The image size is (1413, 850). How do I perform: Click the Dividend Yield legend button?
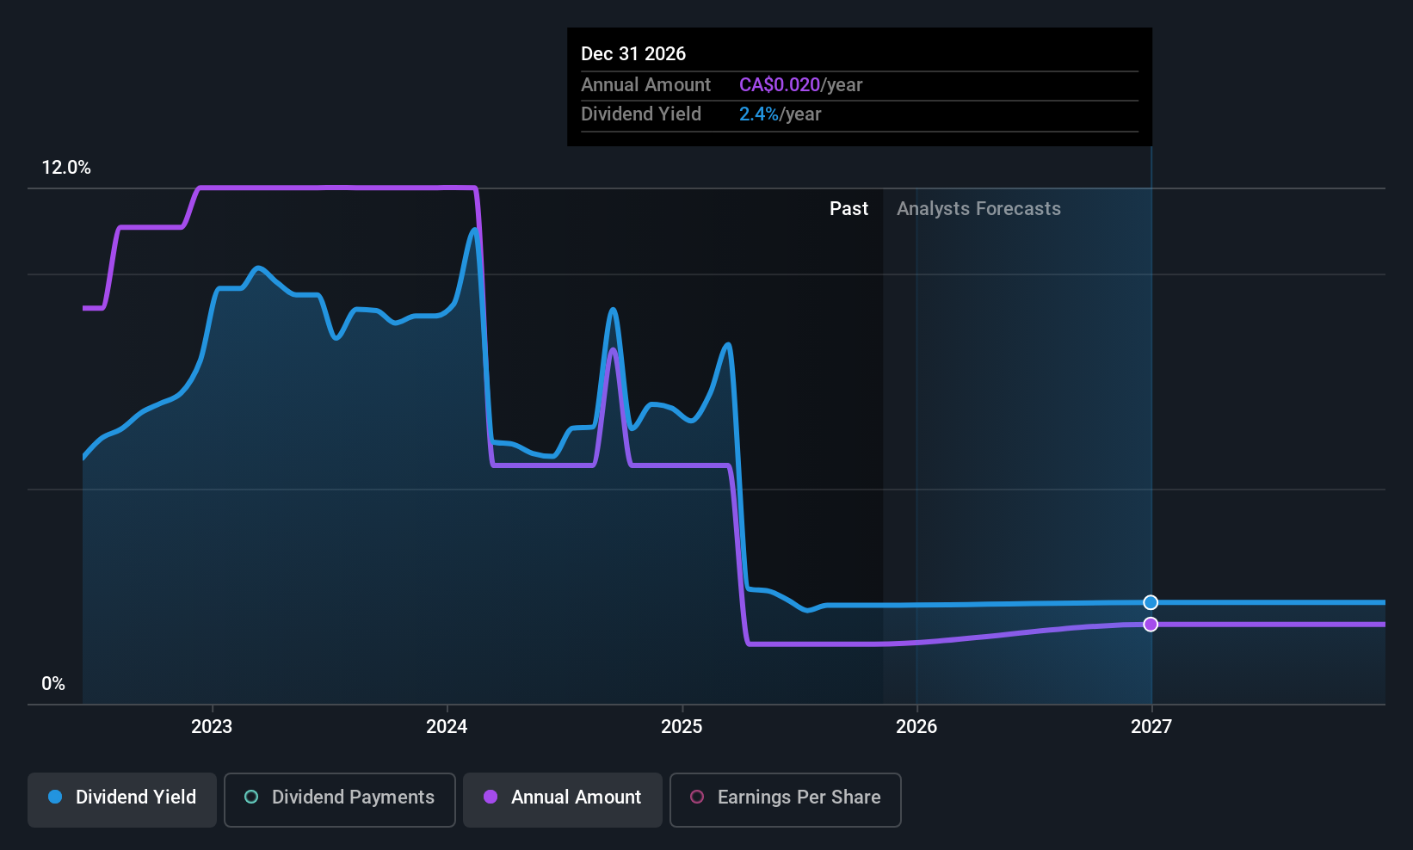122,798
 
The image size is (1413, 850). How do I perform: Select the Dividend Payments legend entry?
340,798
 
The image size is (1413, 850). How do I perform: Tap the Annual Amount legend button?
563,798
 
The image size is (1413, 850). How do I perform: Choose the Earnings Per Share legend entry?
785,798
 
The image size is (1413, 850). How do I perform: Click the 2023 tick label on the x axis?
212,727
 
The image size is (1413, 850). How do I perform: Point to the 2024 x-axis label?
447,727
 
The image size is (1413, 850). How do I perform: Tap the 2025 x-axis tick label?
682,727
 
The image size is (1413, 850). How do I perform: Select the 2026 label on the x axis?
916,727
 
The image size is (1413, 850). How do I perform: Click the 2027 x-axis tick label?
1151,727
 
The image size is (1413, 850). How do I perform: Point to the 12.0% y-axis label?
66,168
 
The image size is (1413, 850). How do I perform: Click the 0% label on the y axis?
53,684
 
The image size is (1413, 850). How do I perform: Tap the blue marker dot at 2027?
1151,602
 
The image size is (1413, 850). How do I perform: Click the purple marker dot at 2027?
1151,625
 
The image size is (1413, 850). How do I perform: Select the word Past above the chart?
848,209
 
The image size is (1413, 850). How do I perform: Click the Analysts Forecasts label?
978,209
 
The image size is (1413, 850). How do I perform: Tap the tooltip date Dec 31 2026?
633,54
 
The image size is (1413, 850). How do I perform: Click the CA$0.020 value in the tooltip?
780,85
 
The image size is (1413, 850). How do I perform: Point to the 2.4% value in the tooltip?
759,114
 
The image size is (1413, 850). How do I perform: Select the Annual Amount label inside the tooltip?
645,85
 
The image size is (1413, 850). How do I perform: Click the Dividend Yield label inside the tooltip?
641,114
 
